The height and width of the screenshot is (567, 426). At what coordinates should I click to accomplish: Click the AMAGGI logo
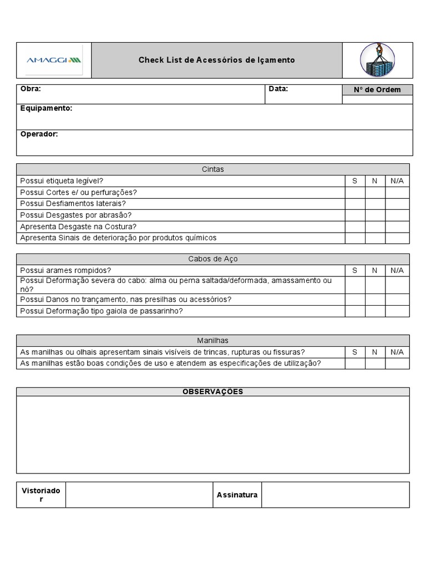click(x=54, y=60)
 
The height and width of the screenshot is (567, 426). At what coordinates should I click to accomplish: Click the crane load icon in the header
click(x=377, y=60)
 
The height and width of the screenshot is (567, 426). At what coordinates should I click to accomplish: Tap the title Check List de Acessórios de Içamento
click(x=216, y=60)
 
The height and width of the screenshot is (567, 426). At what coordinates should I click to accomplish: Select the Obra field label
click(x=31, y=89)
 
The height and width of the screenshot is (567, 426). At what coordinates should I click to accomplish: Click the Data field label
click(x=278, y=89)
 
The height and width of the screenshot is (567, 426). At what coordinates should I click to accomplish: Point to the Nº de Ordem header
click(x=377, y=90)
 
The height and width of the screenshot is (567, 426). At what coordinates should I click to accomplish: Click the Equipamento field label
click(x=46, y=108)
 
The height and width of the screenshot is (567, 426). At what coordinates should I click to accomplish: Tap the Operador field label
click(x=39, y=134)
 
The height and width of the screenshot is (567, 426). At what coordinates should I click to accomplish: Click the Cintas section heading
click(x=213, y=169)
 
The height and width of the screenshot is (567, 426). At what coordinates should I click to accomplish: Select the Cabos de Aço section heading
click(x=213, y=259)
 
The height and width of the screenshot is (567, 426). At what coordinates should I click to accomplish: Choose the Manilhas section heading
click(x=213, y=340)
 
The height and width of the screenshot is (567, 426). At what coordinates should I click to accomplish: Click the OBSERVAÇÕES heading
click(x=213, y=391)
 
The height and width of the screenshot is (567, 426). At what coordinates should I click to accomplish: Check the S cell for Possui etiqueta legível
click(x=355, y=181)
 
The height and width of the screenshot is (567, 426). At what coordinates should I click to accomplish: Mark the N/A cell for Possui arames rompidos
click(x=397, y=270)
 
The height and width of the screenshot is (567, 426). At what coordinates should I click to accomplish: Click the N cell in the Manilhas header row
click(x=375, y=352)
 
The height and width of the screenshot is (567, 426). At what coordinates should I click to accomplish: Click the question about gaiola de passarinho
click(x=102, y=311)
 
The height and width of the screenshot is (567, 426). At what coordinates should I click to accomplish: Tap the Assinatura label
click(x=237, y=494)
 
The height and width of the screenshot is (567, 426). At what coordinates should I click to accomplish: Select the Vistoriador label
click(x=41, y=494)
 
